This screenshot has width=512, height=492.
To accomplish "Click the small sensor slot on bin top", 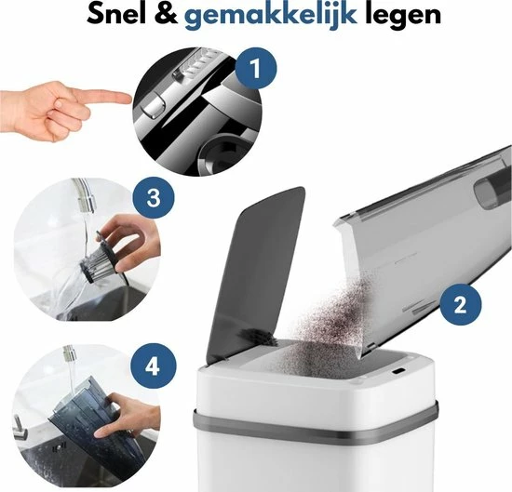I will [398, 372].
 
